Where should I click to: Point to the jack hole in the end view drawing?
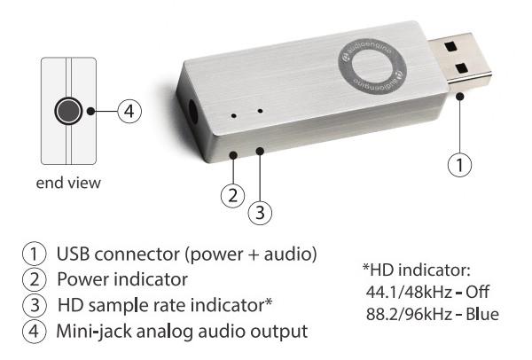(x=68, y=111)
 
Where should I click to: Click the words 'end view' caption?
(x=68, y=183)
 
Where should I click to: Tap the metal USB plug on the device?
(x=460, y=61)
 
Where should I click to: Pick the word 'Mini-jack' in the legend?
(x=94, y=331)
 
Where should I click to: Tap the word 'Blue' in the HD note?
(x=482, y=314)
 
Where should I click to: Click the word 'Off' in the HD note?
(x=477, y=292)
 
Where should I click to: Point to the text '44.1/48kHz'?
(x=409, y=292)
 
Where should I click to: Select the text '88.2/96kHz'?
(x=409, y=315)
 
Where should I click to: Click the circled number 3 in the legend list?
(x=35, y=305)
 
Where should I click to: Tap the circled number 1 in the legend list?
(x=35, y=254)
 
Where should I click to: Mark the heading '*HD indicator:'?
(x=417, y=270)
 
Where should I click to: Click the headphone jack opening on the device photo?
(x=192, y=112)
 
